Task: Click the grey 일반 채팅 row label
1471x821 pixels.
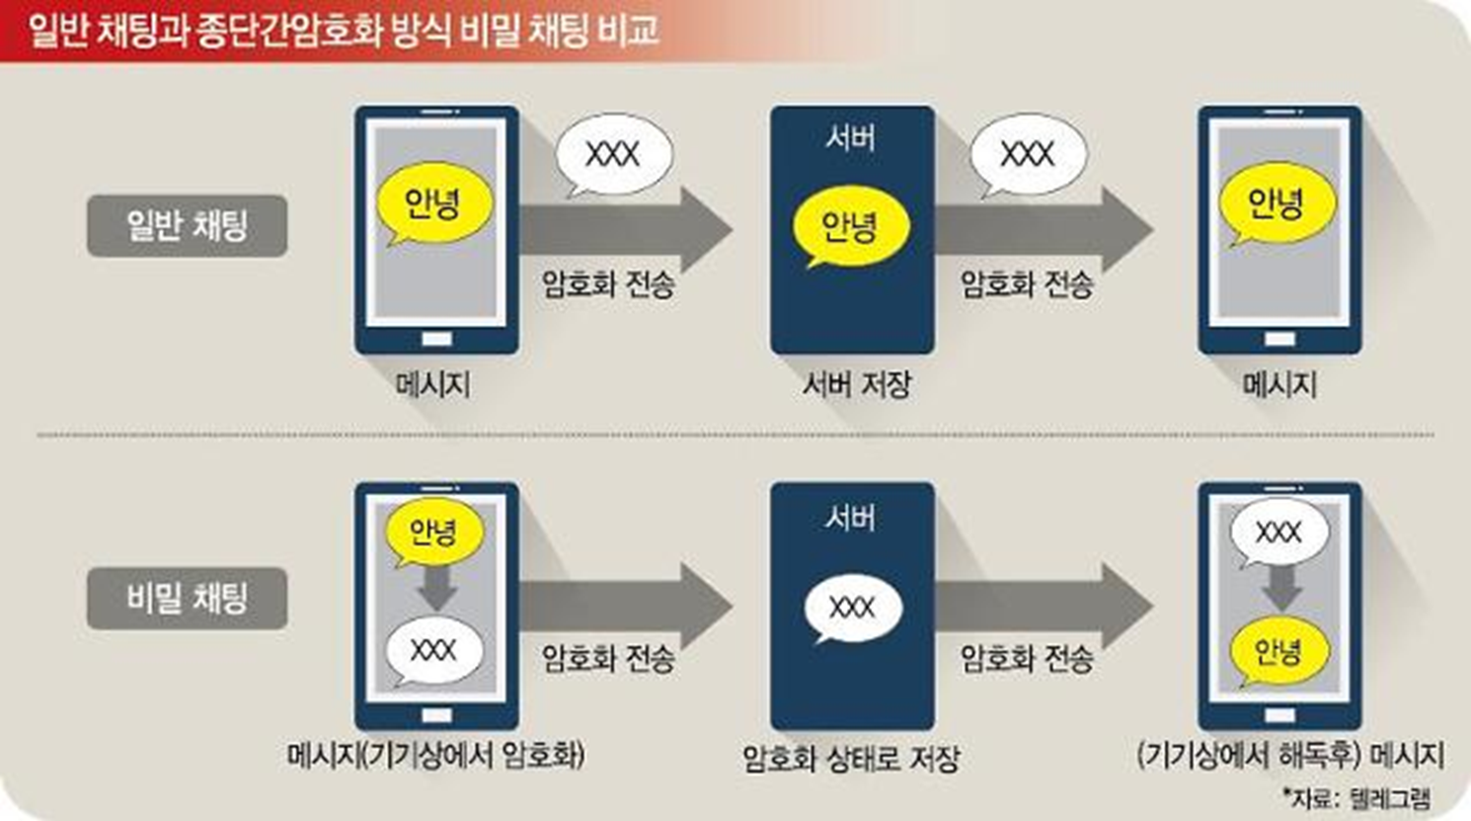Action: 187,226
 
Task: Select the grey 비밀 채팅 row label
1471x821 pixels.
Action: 187,599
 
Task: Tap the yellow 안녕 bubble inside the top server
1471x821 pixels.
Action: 850,226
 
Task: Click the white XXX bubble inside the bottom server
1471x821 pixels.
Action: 852,607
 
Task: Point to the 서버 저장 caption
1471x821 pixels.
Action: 856,384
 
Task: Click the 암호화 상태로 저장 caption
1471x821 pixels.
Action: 851,759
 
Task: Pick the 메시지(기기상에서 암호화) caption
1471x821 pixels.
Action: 435,756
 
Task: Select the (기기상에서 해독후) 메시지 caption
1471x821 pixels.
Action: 1290,756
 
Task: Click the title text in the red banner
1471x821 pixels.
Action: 343,30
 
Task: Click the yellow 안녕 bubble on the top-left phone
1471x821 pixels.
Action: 433,204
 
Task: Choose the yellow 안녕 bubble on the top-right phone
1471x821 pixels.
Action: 1277,204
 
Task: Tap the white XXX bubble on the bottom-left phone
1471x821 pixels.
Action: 433,650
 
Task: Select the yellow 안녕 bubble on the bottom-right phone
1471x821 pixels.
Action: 1277,651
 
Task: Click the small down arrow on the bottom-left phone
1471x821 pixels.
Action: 435,590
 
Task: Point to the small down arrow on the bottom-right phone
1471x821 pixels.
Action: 1280,590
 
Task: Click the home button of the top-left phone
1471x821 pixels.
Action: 436,339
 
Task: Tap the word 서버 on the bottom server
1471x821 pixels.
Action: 850,518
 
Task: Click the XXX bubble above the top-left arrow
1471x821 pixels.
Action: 613,154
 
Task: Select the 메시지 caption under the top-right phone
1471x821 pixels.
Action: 1279,384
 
